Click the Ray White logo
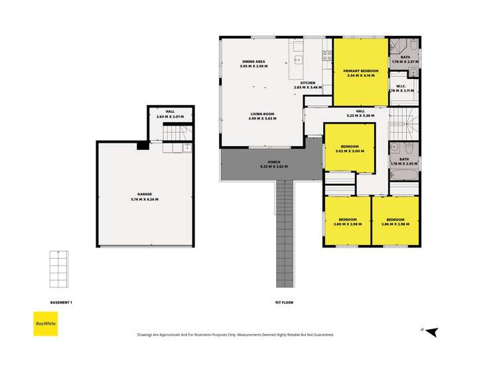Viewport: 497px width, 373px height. coord(45,323)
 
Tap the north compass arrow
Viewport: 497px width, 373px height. coord(431,331)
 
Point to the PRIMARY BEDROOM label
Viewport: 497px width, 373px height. coord(360,71)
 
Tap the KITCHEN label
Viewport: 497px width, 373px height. coord(307,82)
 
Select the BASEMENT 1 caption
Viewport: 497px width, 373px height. coord(61,303)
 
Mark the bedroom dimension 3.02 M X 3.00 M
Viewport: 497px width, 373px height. coord(350,151)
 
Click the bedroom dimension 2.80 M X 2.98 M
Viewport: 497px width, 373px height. coord(348,224)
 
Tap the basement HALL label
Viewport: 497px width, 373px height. coord(170,112)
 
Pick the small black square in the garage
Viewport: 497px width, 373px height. coord(141,147)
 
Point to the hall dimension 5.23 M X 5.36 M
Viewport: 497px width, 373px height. coord(360,115)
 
